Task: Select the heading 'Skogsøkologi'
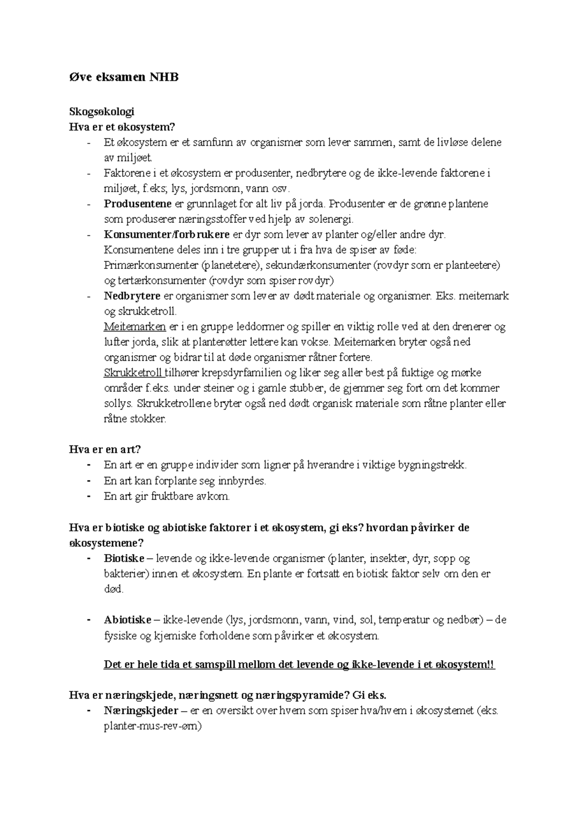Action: [102, 112]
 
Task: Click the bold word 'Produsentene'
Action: [138, 204]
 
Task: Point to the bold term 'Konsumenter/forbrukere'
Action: [167, 235]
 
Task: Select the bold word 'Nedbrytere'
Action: [132, 296]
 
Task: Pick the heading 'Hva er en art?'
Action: [105, 449]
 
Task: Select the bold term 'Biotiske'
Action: [124, 559]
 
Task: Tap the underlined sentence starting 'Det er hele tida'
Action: [299, 664]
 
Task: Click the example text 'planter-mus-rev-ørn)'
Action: [153, 726]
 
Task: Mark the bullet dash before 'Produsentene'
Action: [89, 204]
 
